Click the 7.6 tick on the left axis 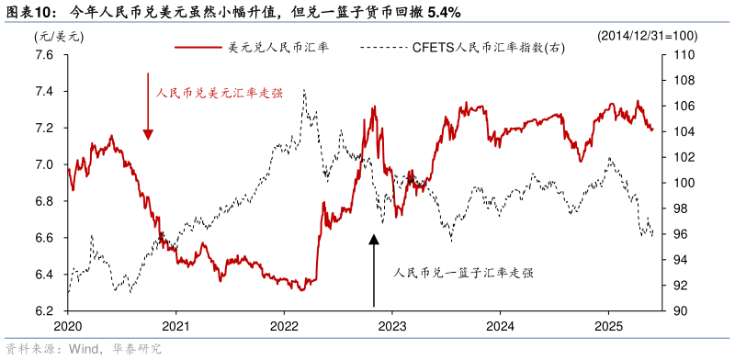click(x=46, y=54)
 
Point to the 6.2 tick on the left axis click(x=46, y=311)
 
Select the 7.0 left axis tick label click(x=46, y=164)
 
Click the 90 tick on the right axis click(x=682, y=311)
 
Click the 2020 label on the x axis click(x=68, y=326)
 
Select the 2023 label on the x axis click(x=391, y=326)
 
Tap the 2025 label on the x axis click(x=607, y=326)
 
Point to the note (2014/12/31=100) click(x=647, y=36)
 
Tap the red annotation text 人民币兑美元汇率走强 click(x=219, y=93)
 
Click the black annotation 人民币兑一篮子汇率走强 click(x=463, y=273)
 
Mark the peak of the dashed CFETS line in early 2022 click(x=304, y=90)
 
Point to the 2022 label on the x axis click(x=284, y=326)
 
